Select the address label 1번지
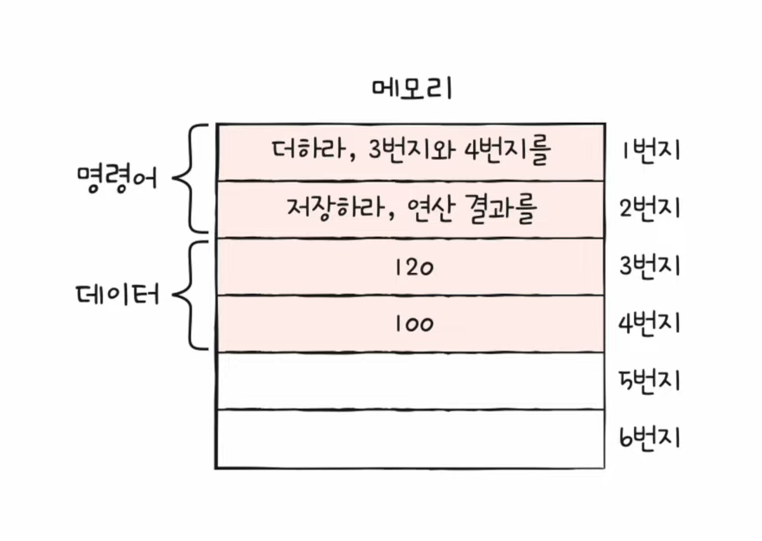[x=651, y=150]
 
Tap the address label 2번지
[x=651, y=208]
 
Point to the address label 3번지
[x=651, y=266]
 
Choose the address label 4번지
[x=651, y=323]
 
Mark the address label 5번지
[x=651, y=380]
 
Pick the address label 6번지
[x=651, y=438]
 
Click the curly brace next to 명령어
[x=192, y=179]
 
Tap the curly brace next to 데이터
[x=192, y=296]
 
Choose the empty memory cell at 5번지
[x=410, y=381]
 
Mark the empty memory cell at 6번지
[x=410, y=438]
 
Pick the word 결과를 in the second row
[x=504, y=208]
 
